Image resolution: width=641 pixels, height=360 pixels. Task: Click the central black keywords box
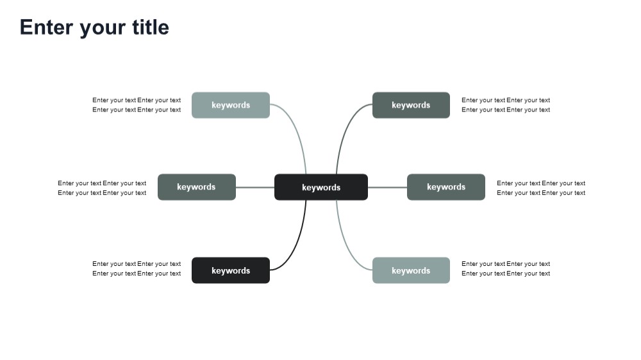(x=321, y=187)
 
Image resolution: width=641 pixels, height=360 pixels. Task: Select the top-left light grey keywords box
(x=231, y=105)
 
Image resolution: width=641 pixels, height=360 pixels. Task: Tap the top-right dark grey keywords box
(x=411, y=105)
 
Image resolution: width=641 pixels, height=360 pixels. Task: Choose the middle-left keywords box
(x=197, y=187)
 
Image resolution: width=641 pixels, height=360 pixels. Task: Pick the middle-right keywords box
(x=446, y=187)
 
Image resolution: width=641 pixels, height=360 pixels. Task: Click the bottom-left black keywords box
(x=231, y=270)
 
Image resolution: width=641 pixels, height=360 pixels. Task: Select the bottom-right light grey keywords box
(x=411, y=270)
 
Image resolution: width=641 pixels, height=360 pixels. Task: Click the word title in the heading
(x=151, y=28)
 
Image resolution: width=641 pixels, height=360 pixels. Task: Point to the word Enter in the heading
(x=46, y=28)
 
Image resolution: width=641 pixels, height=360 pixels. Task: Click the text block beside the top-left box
(x=137, y=105)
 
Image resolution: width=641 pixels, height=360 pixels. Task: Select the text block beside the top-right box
(x=506, y=105)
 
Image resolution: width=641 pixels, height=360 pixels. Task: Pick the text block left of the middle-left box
(x=102, y=188)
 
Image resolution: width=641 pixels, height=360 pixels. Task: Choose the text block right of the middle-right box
(x=541, y=188)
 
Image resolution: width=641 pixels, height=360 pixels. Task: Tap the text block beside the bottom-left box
(x=137, y=268)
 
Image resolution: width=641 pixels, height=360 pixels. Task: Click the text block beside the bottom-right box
(x=506, y=268)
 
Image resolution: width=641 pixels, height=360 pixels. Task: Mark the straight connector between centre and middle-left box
(x=255, y=187)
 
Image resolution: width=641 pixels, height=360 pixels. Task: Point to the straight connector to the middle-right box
(x=388, y=187)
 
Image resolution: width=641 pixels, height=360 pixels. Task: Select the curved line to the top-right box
(x=344, y=130)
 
